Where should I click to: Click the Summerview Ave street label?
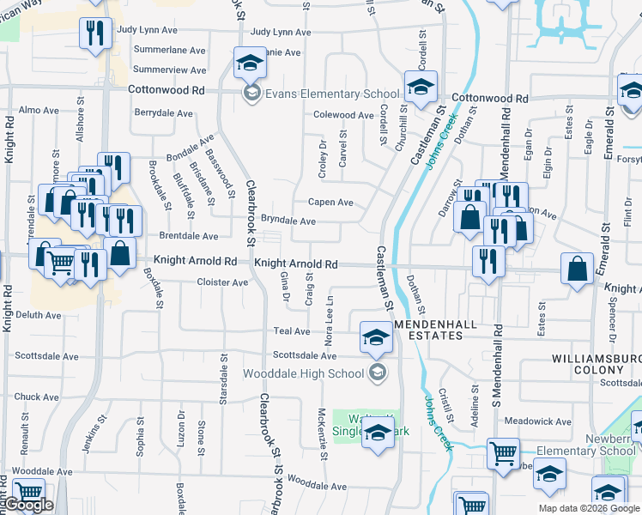tap(170, 70)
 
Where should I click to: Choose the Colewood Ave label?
tap(343, 114)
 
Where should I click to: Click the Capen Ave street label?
tap(330, 203)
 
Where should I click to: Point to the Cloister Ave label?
tap(222, 282)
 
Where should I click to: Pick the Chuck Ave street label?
tap(37, 397)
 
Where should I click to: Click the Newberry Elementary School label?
tap(587, 451)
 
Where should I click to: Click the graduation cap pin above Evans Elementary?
tap(250, 62)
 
